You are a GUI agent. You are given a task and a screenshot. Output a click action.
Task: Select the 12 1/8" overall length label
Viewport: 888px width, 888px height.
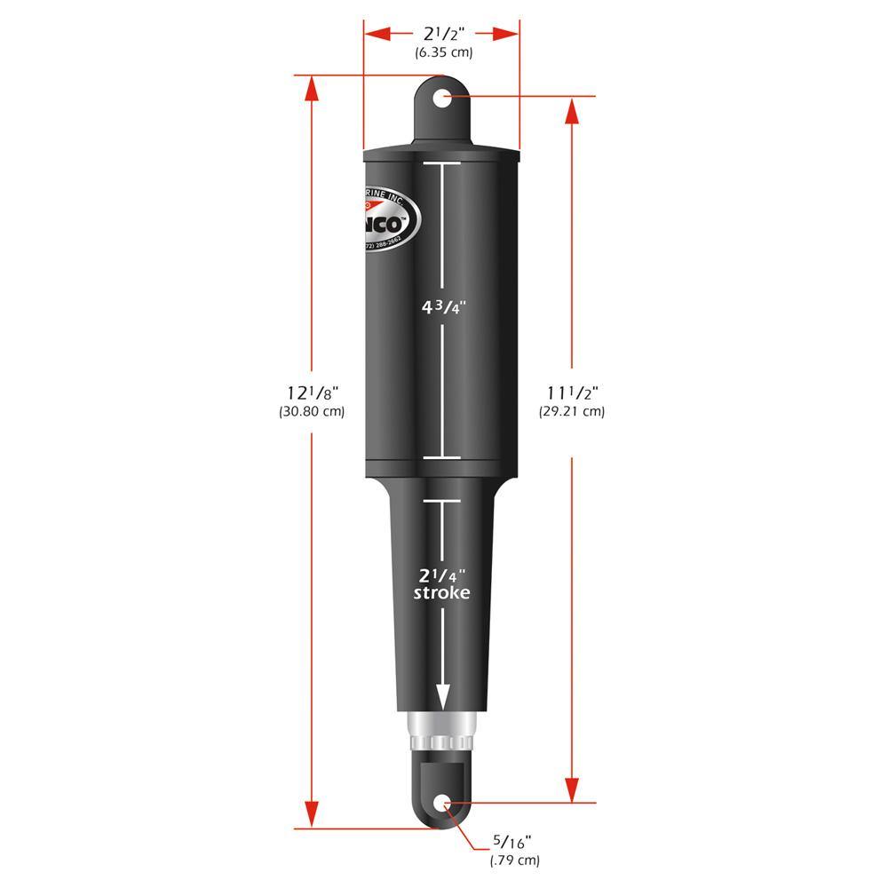pyautogui.click(x=313, y=392)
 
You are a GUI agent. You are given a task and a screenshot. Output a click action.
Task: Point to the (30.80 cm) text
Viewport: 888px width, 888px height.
pyautogui.click(x=312, y=411)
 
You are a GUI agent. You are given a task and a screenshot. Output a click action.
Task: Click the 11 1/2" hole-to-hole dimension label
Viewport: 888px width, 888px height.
pyautogui.click(x=572, y=392)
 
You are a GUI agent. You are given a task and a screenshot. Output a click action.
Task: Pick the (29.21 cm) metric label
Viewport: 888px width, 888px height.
pyautogui.click(x=572, y=411)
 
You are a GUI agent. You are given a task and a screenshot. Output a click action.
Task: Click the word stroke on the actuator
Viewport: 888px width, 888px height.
pyautogui.click(x=442, y=593)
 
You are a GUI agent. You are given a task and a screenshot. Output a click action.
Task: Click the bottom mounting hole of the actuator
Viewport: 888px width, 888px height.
pyautogui.click(x=442, y=805)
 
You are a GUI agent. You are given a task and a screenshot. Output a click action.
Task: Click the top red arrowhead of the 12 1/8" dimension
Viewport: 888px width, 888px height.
pyautogui.click(x=312, y=89)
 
